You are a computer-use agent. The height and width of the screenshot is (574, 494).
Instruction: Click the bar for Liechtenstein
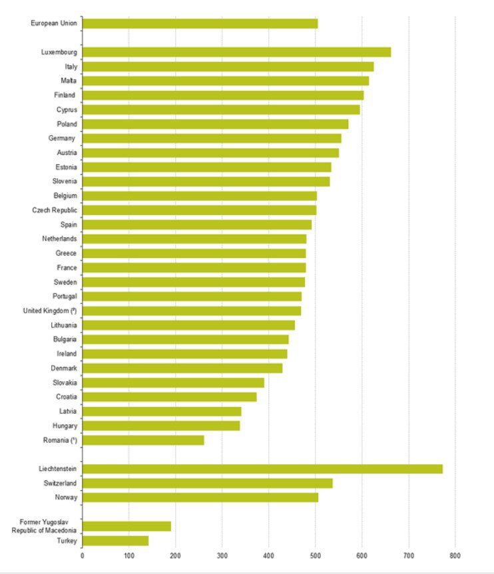coord(262,469)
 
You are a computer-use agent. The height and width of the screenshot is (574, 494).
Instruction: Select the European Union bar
coord(200,24)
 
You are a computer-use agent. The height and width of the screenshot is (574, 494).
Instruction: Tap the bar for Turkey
coord(115,541)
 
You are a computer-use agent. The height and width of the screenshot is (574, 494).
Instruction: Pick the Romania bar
coord(143,440)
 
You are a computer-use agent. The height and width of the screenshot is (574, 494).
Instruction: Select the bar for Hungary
coord(161,426)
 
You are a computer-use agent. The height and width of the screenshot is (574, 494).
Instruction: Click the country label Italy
coord(71,67)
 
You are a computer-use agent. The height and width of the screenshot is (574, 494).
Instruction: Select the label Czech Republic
coord(55,210)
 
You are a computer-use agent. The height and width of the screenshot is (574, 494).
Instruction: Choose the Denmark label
coord(64,368)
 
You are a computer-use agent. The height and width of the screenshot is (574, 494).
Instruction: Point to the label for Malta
coord(69,81)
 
